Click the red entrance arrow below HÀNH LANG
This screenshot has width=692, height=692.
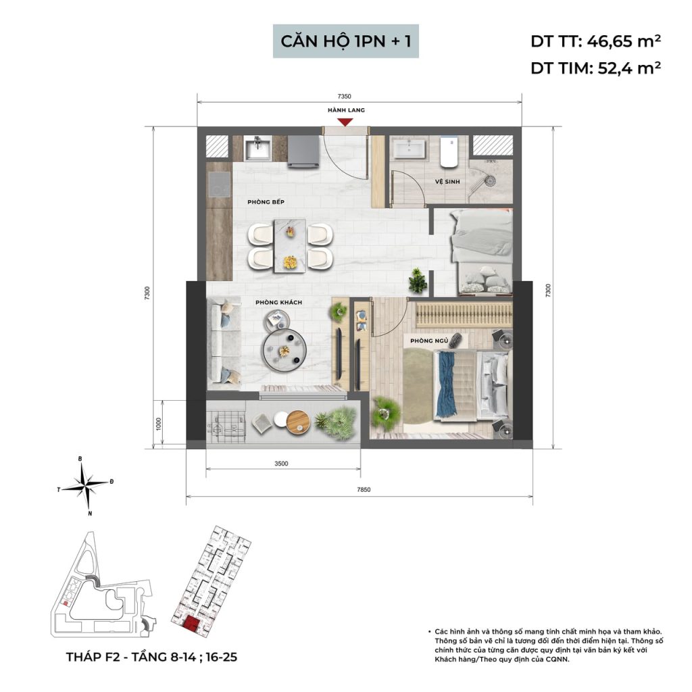click(x=345, y=122)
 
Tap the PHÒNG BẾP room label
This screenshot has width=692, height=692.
click(x=266, y=202)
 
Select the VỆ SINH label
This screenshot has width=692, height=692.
click(x=447, y=181)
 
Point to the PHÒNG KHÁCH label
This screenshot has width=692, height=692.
click(x=278, y=302)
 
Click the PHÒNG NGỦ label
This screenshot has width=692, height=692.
click(x=429, y=341)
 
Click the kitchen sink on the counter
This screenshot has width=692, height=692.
click(x=259, y=148)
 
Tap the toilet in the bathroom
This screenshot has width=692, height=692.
click(x=449, y=151)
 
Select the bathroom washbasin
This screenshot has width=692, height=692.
click(x=410, y=149)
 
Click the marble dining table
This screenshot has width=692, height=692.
click(x=290, y=246)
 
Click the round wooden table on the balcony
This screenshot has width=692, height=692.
click(x=298, y=422)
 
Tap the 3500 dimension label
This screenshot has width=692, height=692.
click(x=281, y=464)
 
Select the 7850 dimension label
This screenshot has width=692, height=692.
click(x=364, y=489)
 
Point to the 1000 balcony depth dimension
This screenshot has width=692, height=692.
click(x=159, y=424)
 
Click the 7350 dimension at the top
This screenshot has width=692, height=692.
click(x=344, y=96)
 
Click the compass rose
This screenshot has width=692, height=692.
click(x=86, y=485)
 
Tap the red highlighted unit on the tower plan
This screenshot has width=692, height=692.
click(x=191, y=624)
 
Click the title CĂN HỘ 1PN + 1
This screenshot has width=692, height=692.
click(x=346, y=41)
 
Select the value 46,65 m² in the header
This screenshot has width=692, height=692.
click(x=624, y=41)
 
